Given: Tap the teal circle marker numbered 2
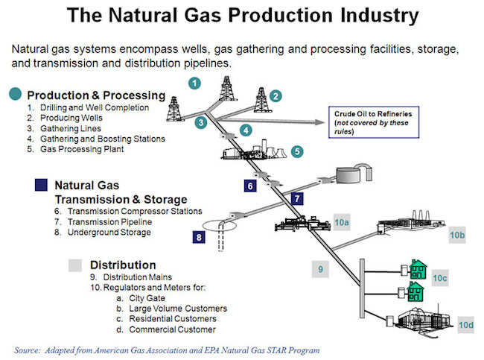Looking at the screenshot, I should click(276, 95).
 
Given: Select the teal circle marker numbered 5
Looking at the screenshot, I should click(297, 151).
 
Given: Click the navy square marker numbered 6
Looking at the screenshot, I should click(250, 185).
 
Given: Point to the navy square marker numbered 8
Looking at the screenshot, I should click(199, 237).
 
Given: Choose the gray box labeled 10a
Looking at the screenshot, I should click(342, 222).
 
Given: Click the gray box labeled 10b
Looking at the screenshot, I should click(457, 236).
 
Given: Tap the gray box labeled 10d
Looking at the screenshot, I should click(465, 325).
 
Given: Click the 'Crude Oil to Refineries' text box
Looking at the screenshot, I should click(369, 121).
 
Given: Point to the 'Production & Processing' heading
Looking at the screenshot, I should click(96, 95).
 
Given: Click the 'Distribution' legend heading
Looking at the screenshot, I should click(123, 265).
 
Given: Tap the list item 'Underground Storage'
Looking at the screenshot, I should click(109, 232).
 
